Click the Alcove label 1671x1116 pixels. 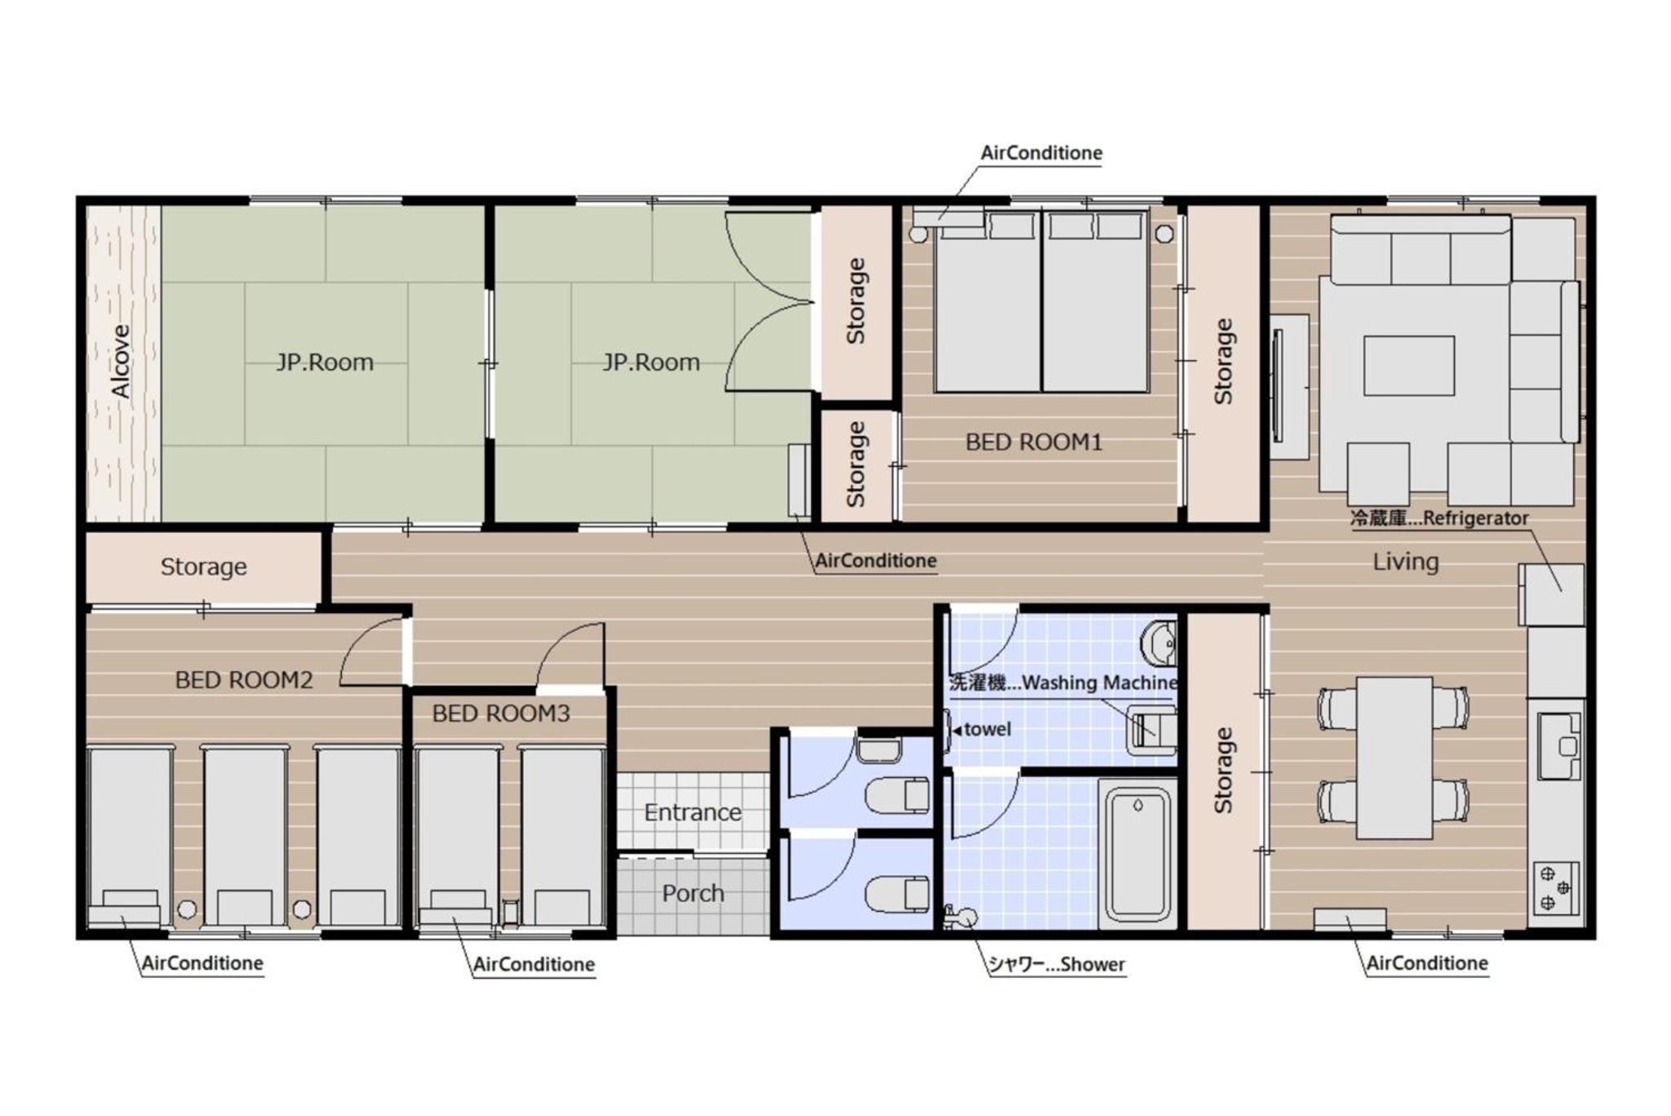121,361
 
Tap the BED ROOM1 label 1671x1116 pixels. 1034,442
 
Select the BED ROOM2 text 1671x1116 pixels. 244,680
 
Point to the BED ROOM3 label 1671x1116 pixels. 501,714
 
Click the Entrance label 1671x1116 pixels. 693,812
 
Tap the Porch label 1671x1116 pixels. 693,893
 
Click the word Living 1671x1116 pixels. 1405,562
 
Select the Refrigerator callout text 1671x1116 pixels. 1439,518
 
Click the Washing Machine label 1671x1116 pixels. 1063,682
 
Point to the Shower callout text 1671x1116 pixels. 1057,964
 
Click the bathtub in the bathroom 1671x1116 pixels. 1137,854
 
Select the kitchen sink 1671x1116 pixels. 1558,746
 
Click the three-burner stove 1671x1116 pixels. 1556,889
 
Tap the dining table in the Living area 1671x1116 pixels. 1394,758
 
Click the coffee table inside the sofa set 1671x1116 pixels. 1409,366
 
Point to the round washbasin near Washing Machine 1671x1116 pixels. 1159,642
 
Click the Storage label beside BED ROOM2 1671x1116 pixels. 203,567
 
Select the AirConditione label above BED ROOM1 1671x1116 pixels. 1041,153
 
